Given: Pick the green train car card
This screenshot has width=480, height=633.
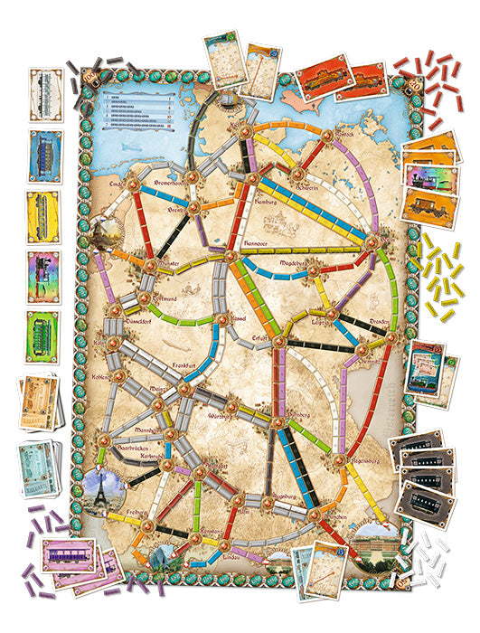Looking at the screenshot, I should (42, 336).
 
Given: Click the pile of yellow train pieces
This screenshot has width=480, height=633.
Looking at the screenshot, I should (442, 276).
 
